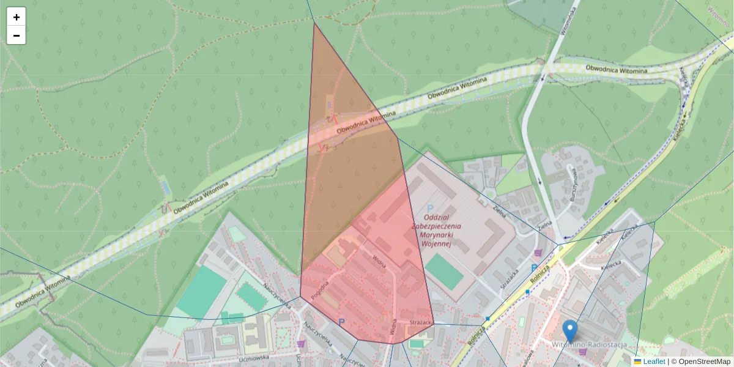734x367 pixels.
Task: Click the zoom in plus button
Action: click(17, 17)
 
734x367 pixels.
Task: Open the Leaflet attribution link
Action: click(654, 361)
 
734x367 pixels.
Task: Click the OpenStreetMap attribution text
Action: click(704, 361)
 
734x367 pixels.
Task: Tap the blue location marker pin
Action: click(570, 331)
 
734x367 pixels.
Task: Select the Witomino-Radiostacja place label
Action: click(589, 345)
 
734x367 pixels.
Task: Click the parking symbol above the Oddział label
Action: click(430, 209)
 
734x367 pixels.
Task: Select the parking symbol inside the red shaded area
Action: click(341, 322)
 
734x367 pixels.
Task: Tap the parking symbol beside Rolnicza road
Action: click(534, 269)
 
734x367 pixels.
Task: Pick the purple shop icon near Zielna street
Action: click(538, 253)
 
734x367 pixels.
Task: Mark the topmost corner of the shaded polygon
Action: click(314, 23)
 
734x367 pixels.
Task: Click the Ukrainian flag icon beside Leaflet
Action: click(637, 361)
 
